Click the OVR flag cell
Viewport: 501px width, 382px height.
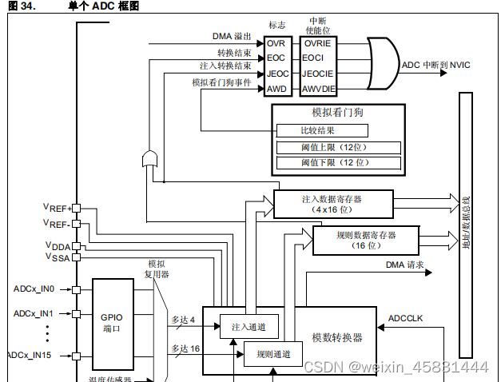(275, 43)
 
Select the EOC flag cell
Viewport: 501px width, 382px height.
(275, 58)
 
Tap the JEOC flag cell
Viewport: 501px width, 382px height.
(275, 74)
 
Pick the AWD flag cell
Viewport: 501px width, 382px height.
(275, 89)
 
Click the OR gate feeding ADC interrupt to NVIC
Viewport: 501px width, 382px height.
(381, 64)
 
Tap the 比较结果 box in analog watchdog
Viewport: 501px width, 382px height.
(323, 130)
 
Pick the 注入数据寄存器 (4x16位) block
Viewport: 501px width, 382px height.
(334, 204)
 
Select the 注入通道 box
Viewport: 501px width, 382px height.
(249, 326)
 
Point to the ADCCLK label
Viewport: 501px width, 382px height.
(405, 318)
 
